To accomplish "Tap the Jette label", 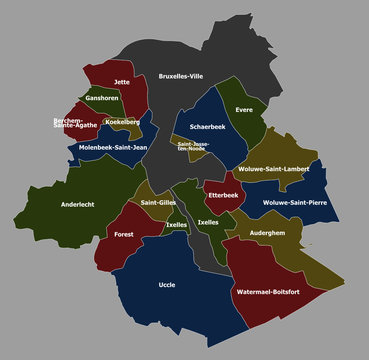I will pos(122,82).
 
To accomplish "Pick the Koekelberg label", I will pos(122,122).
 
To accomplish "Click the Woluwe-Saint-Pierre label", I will pos(295,203).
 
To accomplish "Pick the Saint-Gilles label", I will pos(158,203).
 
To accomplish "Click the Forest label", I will pos(123,234).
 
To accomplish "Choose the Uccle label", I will pos(167,285).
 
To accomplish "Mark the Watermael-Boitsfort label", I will pos(268,292).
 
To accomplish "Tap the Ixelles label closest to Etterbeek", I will pos(209,222).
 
